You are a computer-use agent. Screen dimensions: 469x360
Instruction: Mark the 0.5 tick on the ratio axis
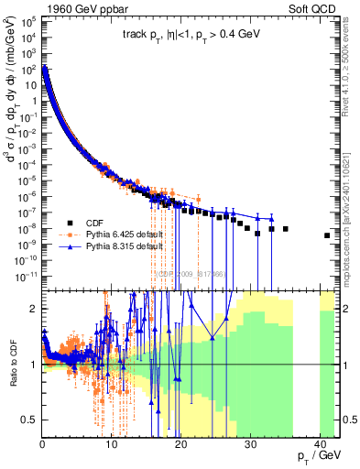30,420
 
